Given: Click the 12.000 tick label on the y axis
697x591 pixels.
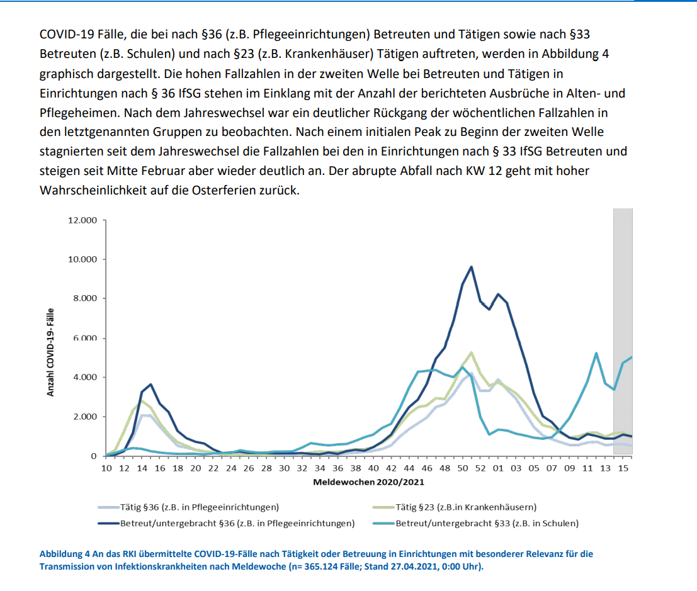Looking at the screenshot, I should [x=83, y=220].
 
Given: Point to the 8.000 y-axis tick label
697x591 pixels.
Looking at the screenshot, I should [x=85, y=298].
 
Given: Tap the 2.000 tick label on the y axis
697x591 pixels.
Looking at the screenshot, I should [x=85, y=417].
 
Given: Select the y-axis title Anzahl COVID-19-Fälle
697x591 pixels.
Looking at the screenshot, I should [x=50, y=352].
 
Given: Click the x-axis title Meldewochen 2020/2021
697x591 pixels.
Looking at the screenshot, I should [x=368, y=482].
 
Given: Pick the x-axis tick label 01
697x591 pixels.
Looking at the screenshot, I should [x=498, y=468].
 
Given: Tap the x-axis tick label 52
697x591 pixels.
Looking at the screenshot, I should [x=480, y=468].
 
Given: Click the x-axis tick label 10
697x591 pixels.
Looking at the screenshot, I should [x=106, y=468].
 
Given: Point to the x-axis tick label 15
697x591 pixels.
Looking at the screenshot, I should [x=623, y=468].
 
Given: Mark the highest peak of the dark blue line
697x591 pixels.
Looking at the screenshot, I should [x=471, y=267].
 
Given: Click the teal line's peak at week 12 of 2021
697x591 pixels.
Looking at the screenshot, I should [x=596, y=353].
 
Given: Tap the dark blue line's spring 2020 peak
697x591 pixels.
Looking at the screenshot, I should [x=150, y=384].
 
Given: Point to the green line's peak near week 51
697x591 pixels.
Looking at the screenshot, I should [x=471, y=352].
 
